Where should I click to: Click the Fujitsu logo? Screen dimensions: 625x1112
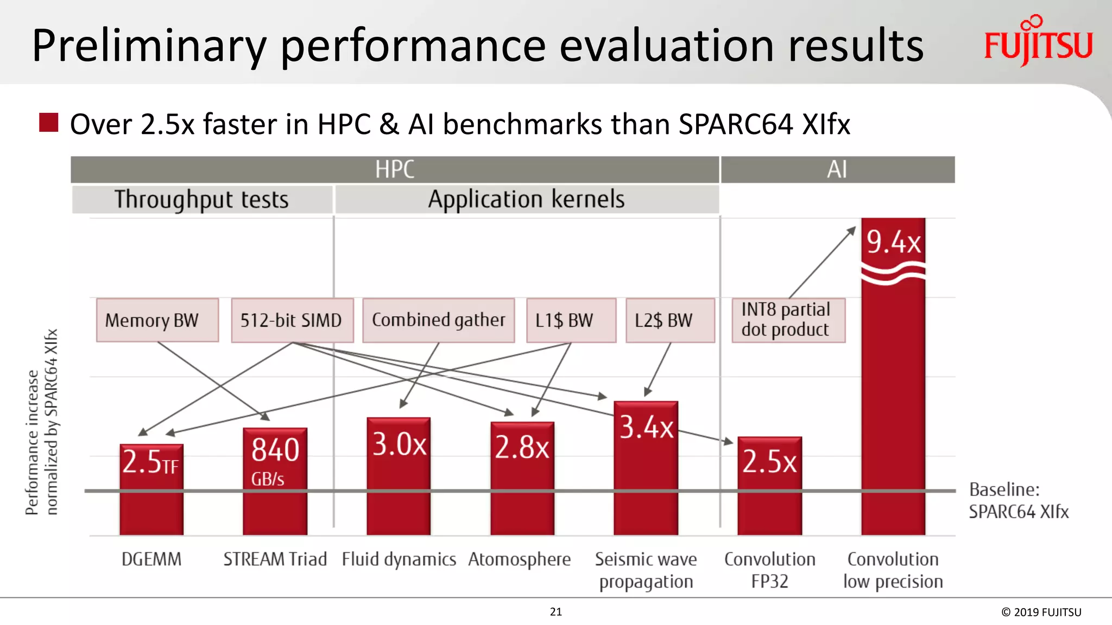1038,42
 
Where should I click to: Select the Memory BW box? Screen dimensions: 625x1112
157,320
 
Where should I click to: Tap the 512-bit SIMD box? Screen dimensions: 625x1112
292,320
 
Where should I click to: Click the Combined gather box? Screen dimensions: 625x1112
438,320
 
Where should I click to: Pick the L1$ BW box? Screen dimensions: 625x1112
571,320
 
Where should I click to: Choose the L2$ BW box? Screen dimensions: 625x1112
670,320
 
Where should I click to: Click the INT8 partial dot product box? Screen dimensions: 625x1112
788,320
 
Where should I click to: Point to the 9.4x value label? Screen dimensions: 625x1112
893,242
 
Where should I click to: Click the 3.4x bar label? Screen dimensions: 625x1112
646,427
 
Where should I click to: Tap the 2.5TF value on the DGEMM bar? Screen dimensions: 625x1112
150,462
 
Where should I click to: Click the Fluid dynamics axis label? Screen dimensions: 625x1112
399,559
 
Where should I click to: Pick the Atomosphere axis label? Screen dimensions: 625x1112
519,559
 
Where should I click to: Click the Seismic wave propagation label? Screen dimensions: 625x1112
646,570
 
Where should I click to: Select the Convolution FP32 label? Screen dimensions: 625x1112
769,570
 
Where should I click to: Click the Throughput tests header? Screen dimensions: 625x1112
201,200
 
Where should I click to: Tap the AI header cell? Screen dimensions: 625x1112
837,170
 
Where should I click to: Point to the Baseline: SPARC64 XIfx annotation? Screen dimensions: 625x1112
1018,500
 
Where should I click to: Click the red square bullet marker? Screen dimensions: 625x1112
49,123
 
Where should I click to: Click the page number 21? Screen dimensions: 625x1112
555,611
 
